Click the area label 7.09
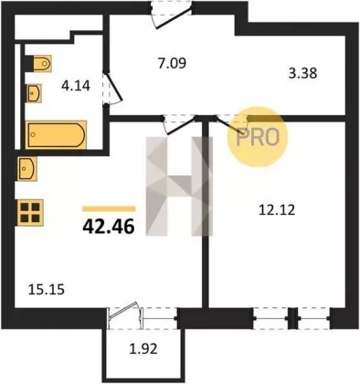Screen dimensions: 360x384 pos(172,63)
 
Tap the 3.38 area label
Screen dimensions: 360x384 pos(302,73)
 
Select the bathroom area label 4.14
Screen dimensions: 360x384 pos(76,86)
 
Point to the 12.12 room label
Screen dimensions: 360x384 pos(277,210)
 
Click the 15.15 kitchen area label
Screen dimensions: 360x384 pos(47,289)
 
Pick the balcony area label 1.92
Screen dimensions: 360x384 pos(143,348)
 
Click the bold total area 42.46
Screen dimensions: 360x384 pos(109,227)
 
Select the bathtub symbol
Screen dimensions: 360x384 pos(56,134)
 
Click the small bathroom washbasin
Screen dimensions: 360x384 pos(34,93)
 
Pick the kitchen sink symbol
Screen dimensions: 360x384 pos(27,168)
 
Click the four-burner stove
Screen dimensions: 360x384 pos(30,212)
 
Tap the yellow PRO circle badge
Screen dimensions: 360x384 pos(258,137)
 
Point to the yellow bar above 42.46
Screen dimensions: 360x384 pos(109,208)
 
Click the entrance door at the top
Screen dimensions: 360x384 pos(172,16)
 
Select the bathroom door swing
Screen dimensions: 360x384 pos(112,89)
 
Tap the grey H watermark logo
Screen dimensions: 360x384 pos(179,187)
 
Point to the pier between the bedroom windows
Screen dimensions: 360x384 pos(292,318)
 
